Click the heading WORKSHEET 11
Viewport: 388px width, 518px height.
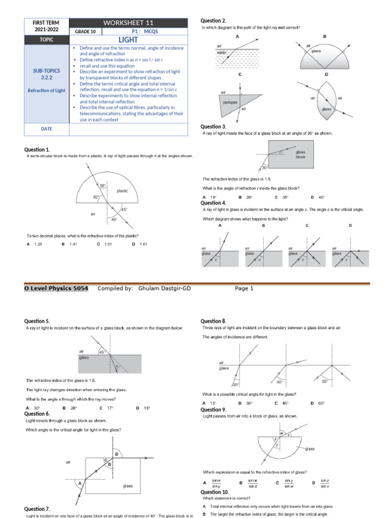tap(128, 23)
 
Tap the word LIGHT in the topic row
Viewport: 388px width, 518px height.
tap(128, 39)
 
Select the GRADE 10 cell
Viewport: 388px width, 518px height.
tap(85, 32)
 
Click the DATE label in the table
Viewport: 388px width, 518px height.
tap(46, 129)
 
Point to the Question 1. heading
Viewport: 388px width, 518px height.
tap(37, 150)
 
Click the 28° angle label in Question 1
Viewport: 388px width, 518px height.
tap(103, 186)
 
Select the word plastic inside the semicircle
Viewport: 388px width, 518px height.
tap(122, 191)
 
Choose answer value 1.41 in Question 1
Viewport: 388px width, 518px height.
tap(73, 244)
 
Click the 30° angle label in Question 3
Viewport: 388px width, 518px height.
tap(264, 168)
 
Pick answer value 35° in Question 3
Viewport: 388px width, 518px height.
tap(285, 197)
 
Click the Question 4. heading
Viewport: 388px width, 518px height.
tap(214, 203)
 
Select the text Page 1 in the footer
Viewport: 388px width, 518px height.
tap(245, 288)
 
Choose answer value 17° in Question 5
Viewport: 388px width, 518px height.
tap(110, 408)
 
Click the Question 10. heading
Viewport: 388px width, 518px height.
tap(215, 492)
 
